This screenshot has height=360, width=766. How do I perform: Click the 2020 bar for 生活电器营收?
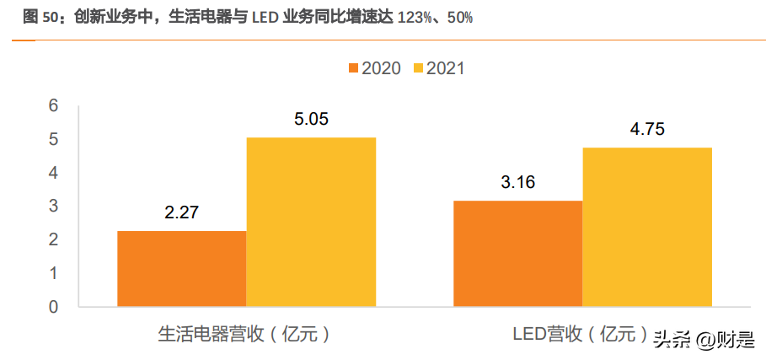tap(182, 268)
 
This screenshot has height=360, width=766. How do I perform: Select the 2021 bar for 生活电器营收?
tap(311, 222)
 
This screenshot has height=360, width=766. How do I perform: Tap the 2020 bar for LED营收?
tap(517, 253)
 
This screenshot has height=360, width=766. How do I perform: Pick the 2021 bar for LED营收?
tap(647, 227)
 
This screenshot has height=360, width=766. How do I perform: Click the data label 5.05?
tap(311, 119)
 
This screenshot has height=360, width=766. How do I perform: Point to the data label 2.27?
tap(182, 212)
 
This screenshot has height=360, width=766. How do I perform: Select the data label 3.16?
tap(517, 182)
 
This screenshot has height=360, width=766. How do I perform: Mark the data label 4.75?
tap(647, 129)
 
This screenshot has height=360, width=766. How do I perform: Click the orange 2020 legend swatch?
tap(352, 68)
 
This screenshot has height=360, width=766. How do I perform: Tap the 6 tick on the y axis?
tap(53, 105)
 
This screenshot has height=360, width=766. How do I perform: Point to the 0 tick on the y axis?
tap(53, 307)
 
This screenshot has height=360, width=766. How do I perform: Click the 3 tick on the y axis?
tap(53, 206)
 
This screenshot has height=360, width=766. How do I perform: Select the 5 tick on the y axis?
tap(53, 139)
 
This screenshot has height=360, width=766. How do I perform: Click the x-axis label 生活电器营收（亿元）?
tap(244, 335)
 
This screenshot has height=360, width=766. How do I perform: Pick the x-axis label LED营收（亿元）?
tap(581, 335)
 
